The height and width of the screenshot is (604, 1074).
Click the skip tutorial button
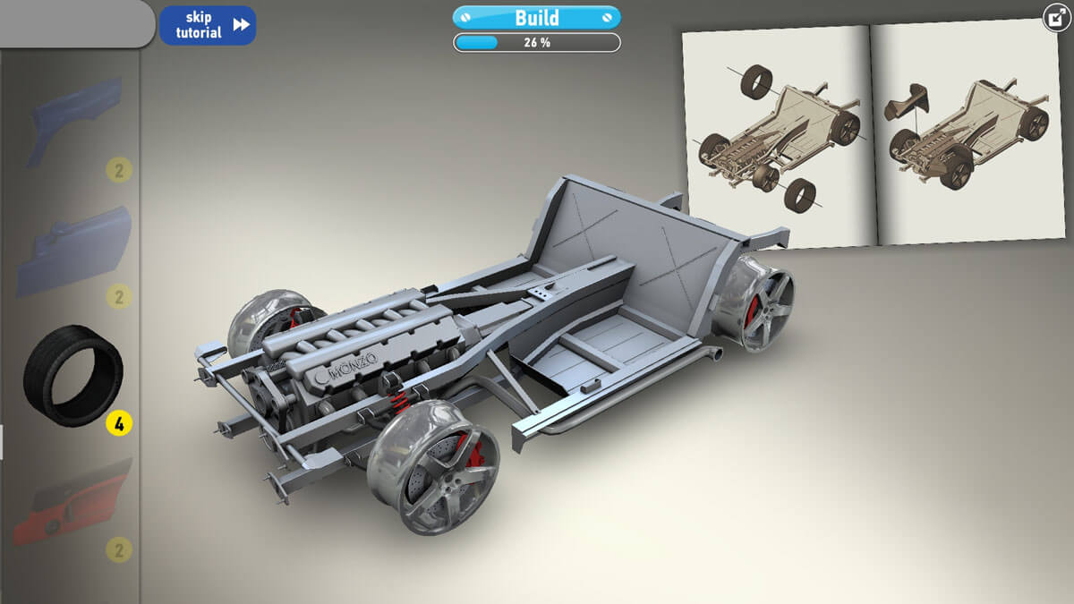(208, 25)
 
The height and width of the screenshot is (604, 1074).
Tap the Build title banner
(536, 18)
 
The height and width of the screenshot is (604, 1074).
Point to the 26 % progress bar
(536, 43)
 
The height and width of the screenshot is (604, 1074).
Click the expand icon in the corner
(1057, 18)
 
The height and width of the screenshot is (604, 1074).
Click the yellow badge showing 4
(119, 423)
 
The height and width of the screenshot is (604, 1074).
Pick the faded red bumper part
(72, 503)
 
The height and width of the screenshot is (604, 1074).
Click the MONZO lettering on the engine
(354, 365)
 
